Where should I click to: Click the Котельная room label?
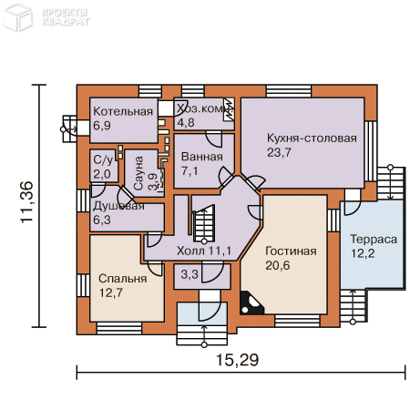[123, 111]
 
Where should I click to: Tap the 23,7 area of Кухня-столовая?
[279, 152]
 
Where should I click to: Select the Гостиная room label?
[291, 251]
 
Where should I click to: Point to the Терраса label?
[374, 240]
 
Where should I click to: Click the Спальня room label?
[123, 279]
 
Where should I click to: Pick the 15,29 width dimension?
[238, 360]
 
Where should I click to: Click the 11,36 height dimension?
[26, 202]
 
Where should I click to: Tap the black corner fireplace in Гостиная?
[251, 302]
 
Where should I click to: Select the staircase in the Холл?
[204, 224]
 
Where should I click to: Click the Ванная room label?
[202, 157]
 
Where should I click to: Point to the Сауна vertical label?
[138, 173]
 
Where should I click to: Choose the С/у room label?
[103, 160]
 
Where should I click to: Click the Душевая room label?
[118, 206]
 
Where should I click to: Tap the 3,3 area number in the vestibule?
[190, 274]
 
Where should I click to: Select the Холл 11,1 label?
[204, 251]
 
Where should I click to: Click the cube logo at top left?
[18, 17]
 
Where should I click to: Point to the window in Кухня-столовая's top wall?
[289, 91]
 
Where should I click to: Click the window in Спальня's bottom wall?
[119, 328]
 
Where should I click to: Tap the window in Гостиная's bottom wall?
[297, 321]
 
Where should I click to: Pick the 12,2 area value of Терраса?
[363, 253]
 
